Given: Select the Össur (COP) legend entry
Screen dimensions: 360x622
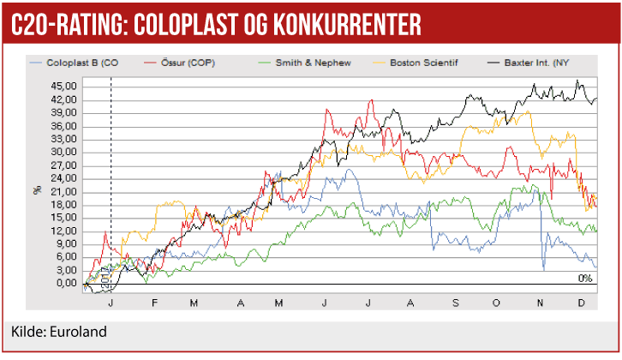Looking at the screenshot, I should (179, 63).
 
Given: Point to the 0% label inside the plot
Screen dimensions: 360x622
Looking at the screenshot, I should (585, 278).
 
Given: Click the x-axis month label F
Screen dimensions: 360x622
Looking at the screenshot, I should (154, 302).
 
